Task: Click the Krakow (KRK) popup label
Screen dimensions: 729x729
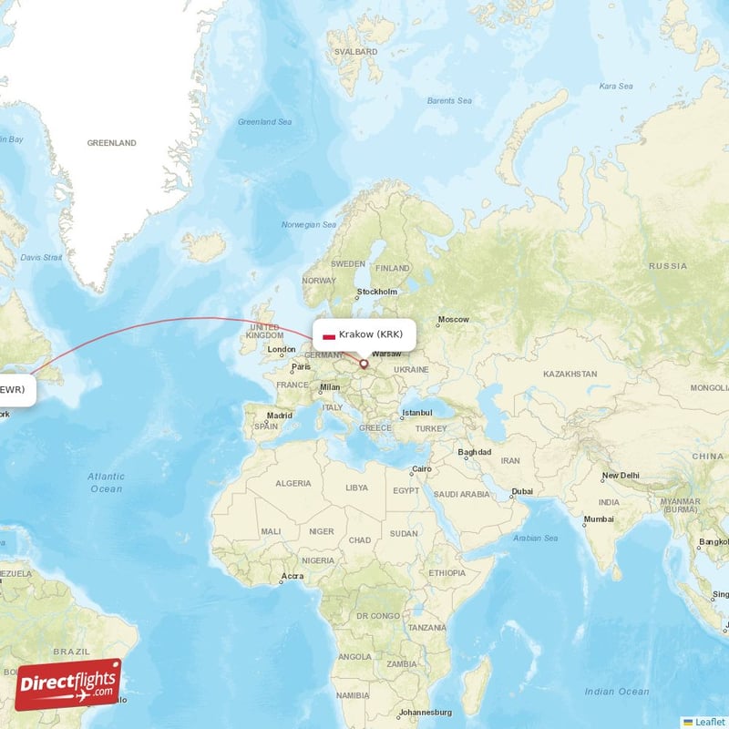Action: [x=364, y=334]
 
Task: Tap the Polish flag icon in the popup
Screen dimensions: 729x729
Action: [x=329, y=335]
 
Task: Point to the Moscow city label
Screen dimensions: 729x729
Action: [x=453, y=320]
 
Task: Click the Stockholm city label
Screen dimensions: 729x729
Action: [x=377, y=292]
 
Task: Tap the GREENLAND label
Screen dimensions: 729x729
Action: [x=111, y=143]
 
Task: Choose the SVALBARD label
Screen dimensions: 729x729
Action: [x=356, y=52]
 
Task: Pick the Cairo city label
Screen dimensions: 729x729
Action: [x=421, y=469]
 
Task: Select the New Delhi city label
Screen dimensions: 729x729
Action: [x=621, y=475]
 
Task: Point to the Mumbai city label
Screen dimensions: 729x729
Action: [x=598, y=519]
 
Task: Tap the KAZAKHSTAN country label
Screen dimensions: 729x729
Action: [x=570, y=374]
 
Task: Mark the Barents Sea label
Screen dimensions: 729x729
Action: [x=449, y=100]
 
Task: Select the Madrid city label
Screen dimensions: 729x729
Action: [x=280, y=416]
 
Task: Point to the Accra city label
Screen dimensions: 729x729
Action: [x=293, y=576]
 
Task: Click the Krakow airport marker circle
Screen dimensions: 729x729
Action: [x=364, y=364]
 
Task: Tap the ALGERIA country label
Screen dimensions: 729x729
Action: [x=293, y=483]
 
